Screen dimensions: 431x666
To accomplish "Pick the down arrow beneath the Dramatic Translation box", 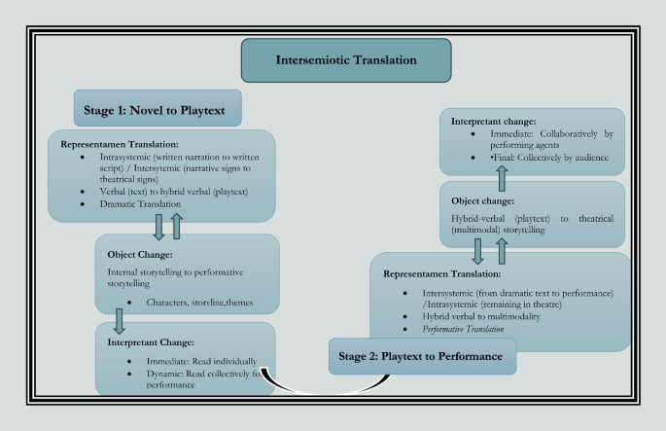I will tap(159, 226).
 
